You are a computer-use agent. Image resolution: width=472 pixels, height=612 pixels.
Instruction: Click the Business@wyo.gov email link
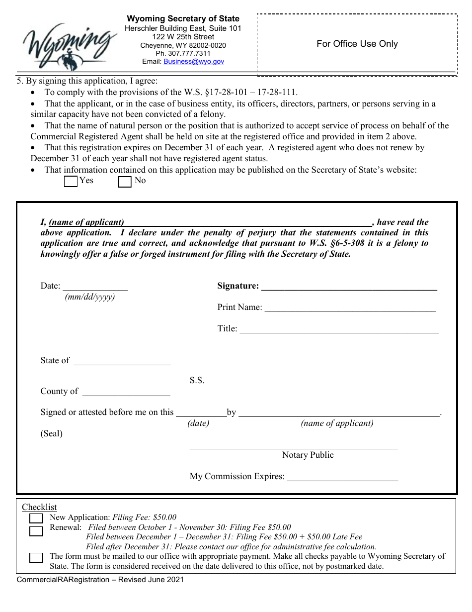click(x=194, y=62)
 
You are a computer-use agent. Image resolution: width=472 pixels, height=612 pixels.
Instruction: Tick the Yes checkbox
click(x=71, y=182)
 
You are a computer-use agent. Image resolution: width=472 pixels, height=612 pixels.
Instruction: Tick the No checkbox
click(x=124, y=182)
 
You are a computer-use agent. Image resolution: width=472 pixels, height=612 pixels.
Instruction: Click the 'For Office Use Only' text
click(x=357, y=44)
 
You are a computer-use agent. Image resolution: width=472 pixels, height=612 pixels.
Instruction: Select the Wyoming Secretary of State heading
click(x=183, y=19)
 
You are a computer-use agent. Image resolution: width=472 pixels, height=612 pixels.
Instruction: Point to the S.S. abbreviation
click(x=197, y=381)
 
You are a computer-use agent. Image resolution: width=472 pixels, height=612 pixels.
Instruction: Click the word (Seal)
click(x=52, y=433)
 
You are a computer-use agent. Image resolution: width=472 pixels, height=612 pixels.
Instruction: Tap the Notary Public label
click(x=308, y=455)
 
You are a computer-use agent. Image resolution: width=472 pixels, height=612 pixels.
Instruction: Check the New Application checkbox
click(x=36, y=519)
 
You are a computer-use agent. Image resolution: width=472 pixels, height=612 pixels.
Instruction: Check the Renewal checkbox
click(x=36, y=531)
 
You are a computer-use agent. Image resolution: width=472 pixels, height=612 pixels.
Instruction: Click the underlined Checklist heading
click(x=39, y=507)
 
